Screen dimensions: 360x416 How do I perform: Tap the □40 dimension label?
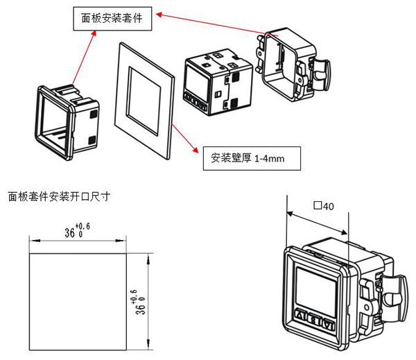point(324,206)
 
